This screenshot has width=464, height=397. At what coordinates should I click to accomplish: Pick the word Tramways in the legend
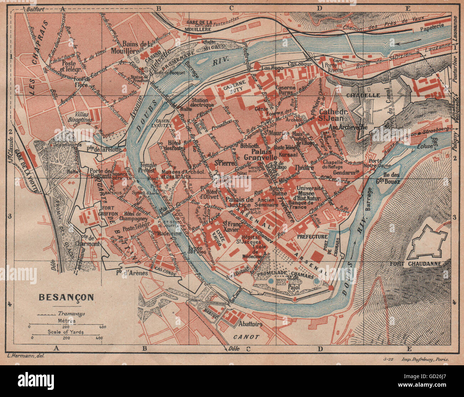click(x=71, y=314)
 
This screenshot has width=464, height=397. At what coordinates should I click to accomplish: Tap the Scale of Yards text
click(x=66, y=332)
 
